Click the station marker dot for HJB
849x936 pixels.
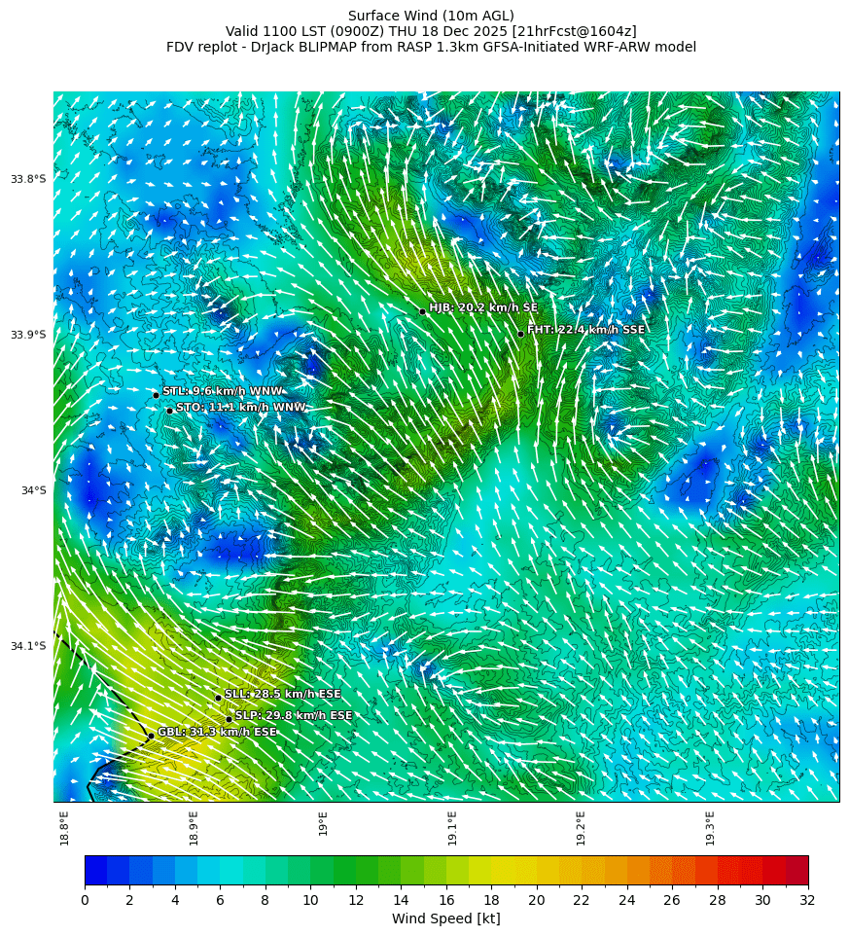pos(422,311)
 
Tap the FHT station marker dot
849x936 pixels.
pos(520,334)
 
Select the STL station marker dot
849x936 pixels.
pos(156,394)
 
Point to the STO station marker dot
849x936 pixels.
pos(169,411)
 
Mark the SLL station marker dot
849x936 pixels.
pos(218,698)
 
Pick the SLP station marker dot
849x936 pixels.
pos(229,719)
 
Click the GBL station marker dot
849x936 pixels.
pos(151,736)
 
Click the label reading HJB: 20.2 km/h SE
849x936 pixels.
pos(483,307)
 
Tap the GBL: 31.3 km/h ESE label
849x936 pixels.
pos(217,732)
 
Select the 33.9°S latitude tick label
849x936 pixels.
pos(28,335)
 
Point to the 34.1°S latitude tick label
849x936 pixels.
pos(28,646)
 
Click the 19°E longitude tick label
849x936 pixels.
pos(323,823)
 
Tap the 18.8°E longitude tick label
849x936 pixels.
pos(64,827)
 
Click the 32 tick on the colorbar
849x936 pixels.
pos(808,900)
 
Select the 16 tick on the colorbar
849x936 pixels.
pos(446,900)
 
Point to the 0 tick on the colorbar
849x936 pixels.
pos(85,900)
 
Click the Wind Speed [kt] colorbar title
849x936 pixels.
pos(445,918)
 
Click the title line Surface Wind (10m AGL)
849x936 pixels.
pos(431,16)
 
